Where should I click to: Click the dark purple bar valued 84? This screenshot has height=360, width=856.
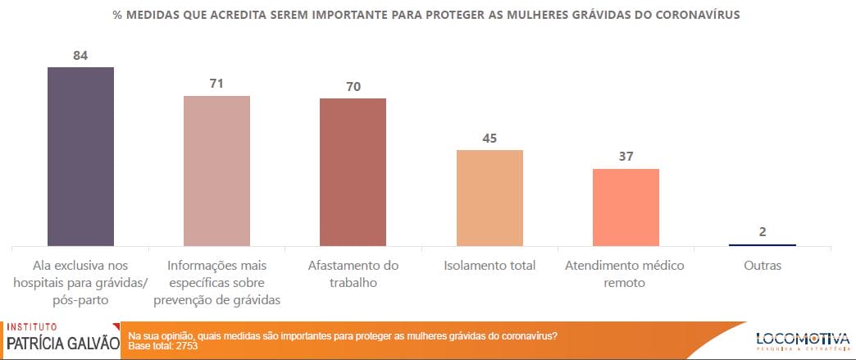coord(80,156)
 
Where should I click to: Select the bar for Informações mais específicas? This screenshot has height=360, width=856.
coord(216,171)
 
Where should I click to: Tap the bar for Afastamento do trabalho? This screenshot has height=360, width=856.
coord(353,171)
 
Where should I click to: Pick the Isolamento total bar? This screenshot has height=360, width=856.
coord(489,198)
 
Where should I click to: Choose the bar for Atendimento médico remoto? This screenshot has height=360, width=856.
coord(626,207)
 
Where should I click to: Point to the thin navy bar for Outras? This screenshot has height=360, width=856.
coord(763,244)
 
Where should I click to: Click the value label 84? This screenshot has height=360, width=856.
coord(80,56)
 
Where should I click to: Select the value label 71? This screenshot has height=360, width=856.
coord(216,84)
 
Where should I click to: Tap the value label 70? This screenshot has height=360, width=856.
coord(353,86)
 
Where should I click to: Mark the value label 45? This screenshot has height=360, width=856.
coord(489,138)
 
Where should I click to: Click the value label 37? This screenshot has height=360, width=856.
coord(626,156)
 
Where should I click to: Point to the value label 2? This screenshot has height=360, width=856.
coord(763,231)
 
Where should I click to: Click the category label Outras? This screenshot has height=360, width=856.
coord(763,266)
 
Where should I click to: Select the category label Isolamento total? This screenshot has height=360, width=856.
coord(489,266)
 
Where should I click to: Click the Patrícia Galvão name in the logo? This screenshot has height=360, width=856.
coord(62,343)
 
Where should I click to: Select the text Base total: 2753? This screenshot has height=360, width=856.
coord(164,346)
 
